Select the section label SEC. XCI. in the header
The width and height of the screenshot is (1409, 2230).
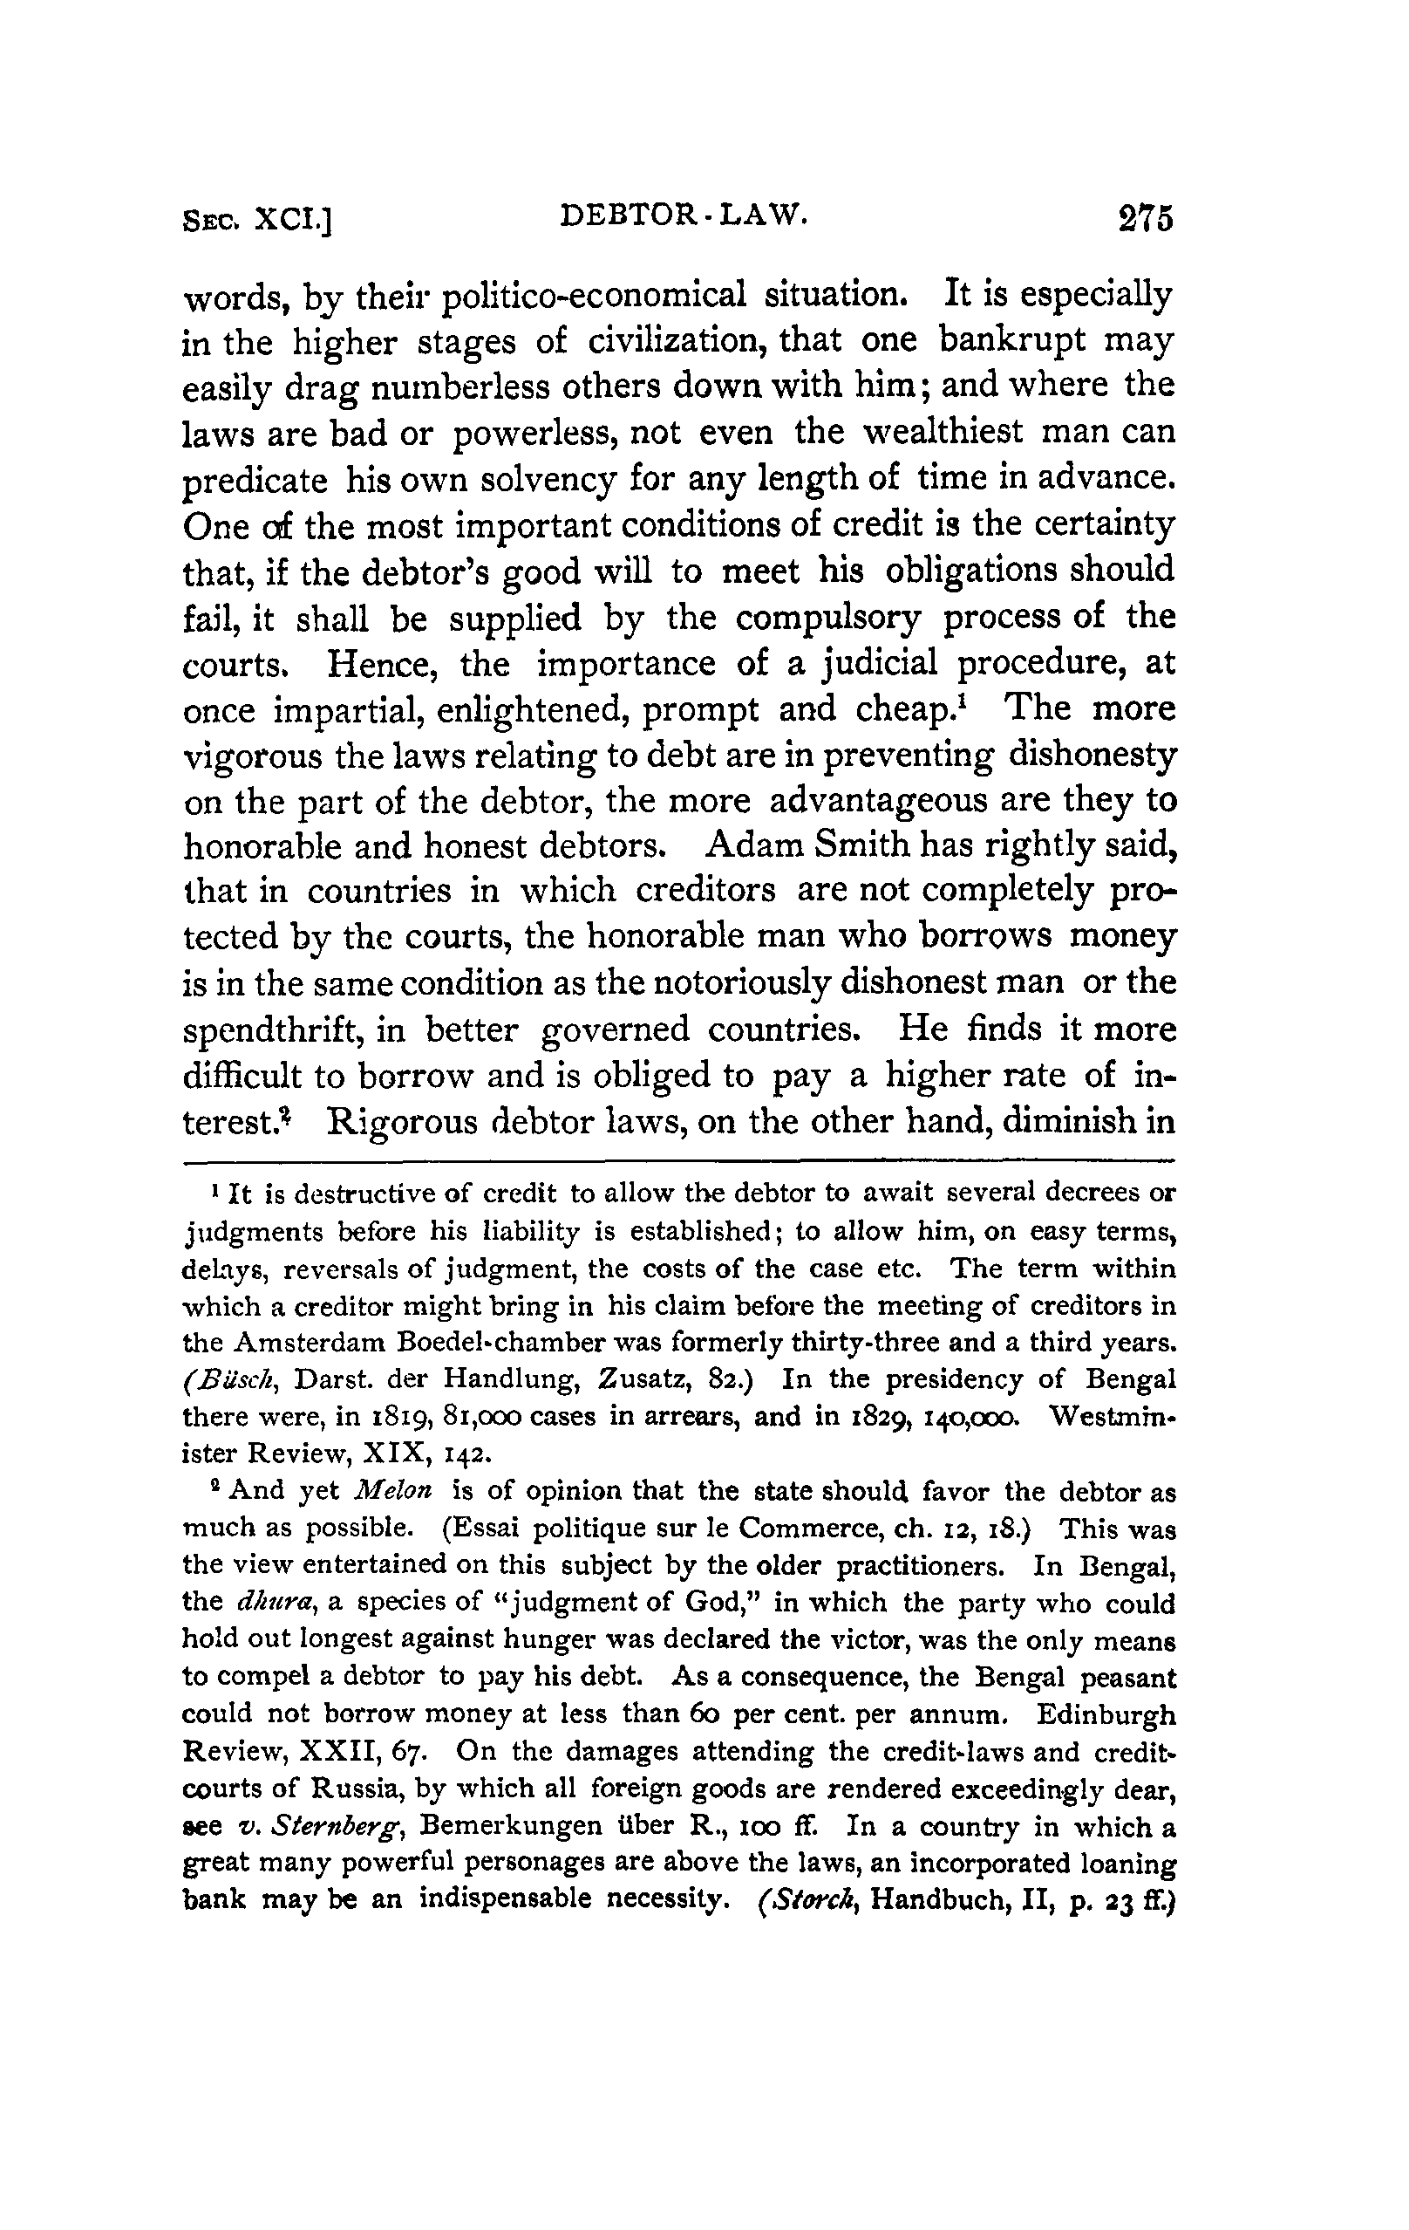(258, 222)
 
